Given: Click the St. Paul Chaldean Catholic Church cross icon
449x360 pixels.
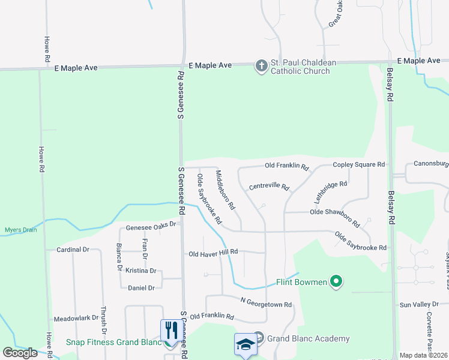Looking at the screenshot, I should [261, 65].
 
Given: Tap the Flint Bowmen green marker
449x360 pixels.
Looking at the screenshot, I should [336, 281].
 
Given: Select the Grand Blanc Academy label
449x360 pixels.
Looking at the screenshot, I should [308, 338].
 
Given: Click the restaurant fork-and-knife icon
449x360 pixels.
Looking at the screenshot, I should [169, 330].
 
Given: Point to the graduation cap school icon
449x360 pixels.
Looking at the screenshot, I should [245, 344].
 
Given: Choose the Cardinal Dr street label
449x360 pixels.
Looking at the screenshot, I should [73, 249].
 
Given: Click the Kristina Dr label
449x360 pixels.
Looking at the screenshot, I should [141, 271].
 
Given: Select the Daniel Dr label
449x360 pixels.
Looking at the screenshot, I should [142, 288].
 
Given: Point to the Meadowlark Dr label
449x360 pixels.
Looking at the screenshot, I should [76, 319].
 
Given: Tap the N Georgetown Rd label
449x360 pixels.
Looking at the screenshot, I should [265, 304].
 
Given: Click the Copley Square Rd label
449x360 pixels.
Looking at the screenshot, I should [358, 164].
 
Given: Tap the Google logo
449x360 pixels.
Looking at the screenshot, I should [20, 353].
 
